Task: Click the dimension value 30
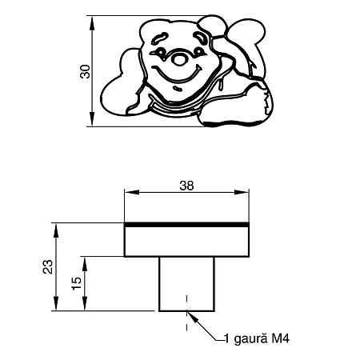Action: click(86, 71)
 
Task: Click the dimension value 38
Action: click(186, 186)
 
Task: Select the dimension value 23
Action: click(48, 266)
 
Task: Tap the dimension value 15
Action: click(77, 283)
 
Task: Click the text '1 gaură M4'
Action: click(257, 339)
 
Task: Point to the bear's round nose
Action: click(179, 59)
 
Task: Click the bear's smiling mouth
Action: click(177, 74)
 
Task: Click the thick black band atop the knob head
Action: click(186, 225)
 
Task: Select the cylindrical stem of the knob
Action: click(186, 284)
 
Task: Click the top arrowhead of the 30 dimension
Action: click(92, 22)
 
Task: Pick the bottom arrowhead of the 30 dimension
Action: click(92, 119)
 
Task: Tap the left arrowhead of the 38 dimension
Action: click(132, 192)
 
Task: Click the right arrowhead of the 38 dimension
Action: click(242, 192)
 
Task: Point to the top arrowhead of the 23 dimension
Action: click(56, 230)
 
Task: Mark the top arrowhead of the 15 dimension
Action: click(85, 264)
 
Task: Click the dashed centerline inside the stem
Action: click(186, 313)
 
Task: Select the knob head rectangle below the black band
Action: click(186, 242)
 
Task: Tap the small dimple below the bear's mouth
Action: click(178, 89)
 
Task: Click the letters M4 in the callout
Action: click(281, 339)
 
